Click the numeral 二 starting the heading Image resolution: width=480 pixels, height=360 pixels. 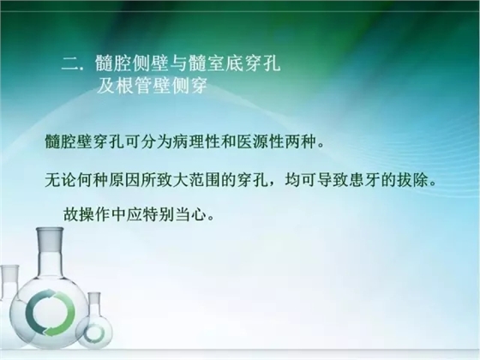point(71,64)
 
